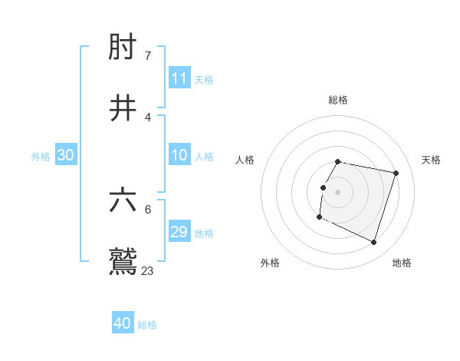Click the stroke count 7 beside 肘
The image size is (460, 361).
pos(147,56)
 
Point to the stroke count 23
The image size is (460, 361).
pos(148,270)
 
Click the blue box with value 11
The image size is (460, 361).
pos(179,78)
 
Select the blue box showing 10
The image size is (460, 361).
pos(179,155)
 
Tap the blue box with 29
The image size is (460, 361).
pos(179,232)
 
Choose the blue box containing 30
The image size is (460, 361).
pos(66,155)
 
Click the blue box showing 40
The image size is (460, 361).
pos(123,323)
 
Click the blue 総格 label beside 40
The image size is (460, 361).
pos(147,325)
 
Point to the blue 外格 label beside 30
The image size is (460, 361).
pos(41,157)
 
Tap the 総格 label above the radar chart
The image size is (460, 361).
pos(338,100)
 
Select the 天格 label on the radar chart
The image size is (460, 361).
pos(431,160)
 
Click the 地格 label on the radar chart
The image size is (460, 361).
pos(402,263)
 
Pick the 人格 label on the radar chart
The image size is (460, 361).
pos(245,160)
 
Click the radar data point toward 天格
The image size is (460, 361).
pos(396,174)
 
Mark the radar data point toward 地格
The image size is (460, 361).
pos(374,243)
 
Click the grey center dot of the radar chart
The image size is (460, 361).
pos(338,192)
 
